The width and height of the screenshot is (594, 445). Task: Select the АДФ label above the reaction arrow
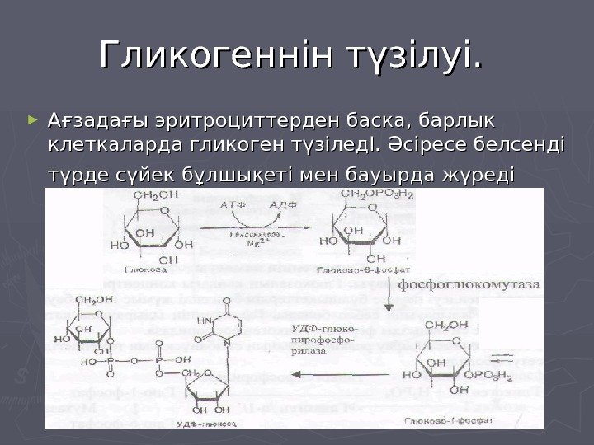pyautogui.click(x=281, y=202)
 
